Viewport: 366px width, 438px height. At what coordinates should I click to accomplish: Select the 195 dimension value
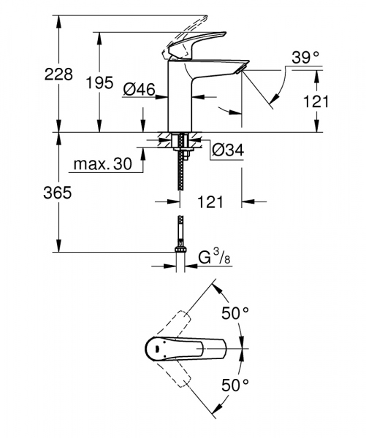99,83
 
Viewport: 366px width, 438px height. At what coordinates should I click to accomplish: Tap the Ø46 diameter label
139,90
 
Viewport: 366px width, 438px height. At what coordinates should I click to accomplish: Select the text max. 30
102,165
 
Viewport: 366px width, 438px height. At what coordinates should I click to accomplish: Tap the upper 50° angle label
236,313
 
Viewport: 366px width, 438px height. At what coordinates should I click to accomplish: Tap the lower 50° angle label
236,383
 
